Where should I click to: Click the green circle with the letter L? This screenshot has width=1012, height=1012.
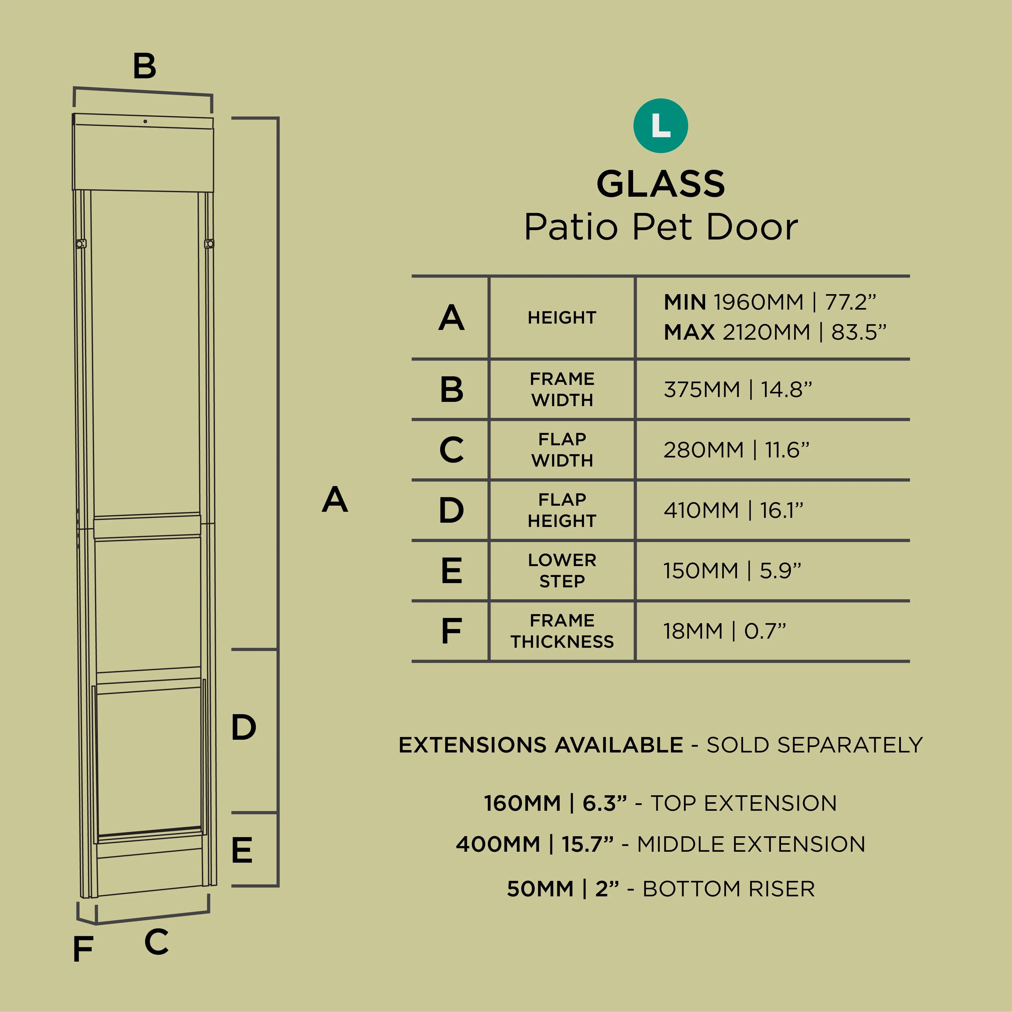click(x=661, y=126)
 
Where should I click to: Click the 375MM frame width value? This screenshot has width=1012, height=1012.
click(x=738, y=389)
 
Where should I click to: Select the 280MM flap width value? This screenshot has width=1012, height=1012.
click(x=736, y=450)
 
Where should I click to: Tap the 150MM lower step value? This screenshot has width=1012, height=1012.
click(x=732, y=570)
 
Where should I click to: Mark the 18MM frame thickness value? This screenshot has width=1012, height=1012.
click(x=725, y=631)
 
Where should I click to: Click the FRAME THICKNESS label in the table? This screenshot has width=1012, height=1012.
click(x=562, y=631)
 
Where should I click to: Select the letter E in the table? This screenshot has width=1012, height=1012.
click(x=452, y=570)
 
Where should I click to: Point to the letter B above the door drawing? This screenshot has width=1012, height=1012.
click(x=144, y=66)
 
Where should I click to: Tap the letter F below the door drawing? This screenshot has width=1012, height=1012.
click(x=83, y=949)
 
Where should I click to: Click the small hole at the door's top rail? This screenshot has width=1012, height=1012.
click(x=145, y=121)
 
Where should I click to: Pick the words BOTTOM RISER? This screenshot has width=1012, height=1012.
click(x=728, y=889)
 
